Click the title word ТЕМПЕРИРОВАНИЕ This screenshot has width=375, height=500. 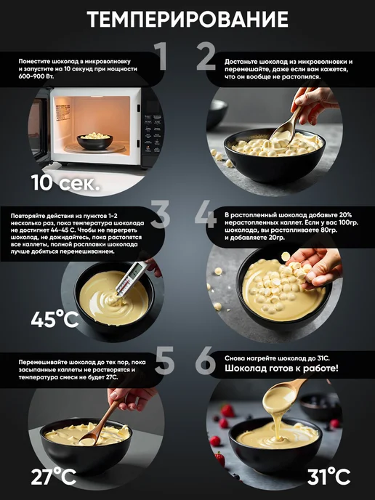pyautogui.click(x=187, y=19)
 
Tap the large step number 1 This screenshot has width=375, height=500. pyautogui.click(x=161, y=56)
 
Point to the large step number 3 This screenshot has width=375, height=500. pyautogui.click(x=160, y=214)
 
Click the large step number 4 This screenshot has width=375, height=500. pyautogui.click(x=206, y=214)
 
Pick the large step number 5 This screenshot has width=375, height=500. pyautogui.click(x=164, y=360)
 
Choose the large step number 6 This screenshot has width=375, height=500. pyautogui.click(x=206, y=360)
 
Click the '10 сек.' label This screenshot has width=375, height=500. pyautogui.click(x=65, y=182)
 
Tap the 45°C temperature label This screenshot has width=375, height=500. pyautogui.click(x=55, y=319)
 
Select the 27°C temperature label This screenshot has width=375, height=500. pyautogui.click(x=54, y=477)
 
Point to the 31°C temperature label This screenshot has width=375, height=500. pyautogui.click(x=328, y=477)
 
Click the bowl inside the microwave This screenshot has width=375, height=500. pyautogui.click(x=95, y=141)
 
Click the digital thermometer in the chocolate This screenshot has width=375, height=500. pyautogui.click(x=131, y=278)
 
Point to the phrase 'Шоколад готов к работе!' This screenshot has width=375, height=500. pyautogui.click(x=281, y=368)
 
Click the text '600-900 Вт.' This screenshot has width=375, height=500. pyautogui.click(x=36, y=76)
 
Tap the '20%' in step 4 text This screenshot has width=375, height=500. pyautogui.click(x=345, y=215)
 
